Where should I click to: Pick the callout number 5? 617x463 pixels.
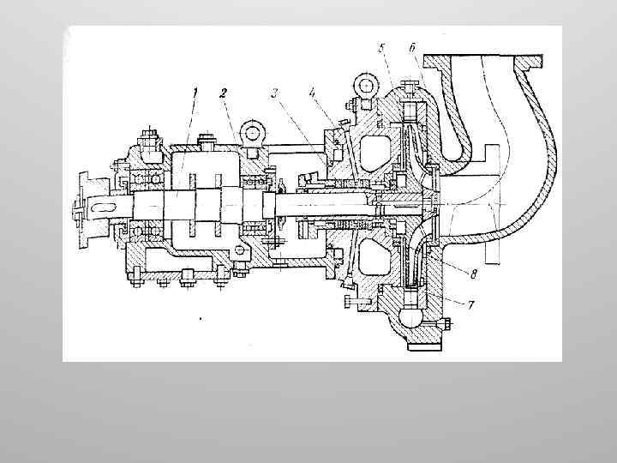pyautogui.click(x=382, y=48)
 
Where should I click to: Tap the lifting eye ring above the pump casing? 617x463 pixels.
pyautogui.click(x=363, y=86)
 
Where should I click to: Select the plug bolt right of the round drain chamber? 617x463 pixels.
pyautogui.click(x=446, y=323)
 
